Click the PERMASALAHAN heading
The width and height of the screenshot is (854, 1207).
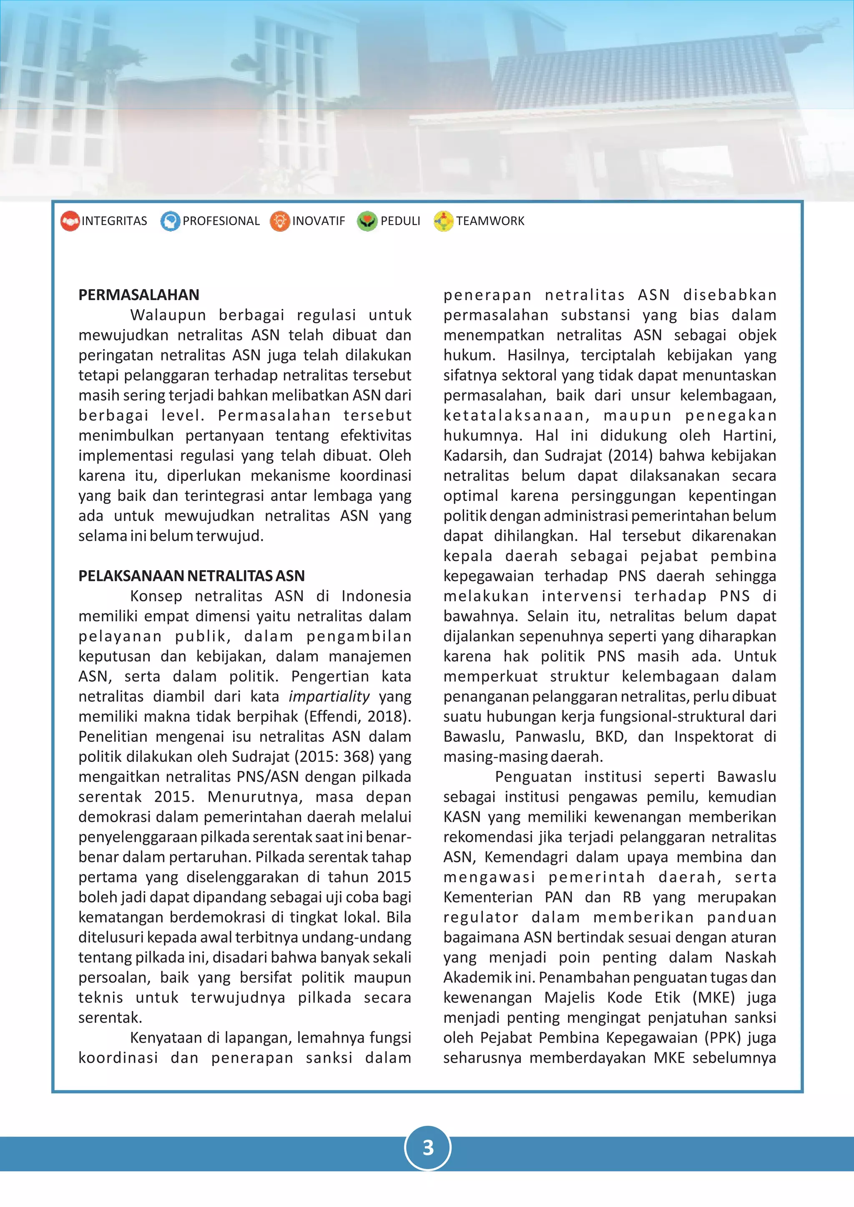(139, 295)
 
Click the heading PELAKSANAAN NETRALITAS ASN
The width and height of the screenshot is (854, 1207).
(191, 576)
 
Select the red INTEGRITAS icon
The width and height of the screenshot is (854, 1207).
(70, 221)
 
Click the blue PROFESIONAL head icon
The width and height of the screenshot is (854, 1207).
(170, 221)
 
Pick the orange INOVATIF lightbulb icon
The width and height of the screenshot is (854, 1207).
(280, 221)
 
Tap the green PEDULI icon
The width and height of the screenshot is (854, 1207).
(367, 221)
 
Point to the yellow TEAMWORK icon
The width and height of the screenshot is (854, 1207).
(443, 221)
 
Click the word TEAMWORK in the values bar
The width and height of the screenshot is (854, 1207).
(490, 221)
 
